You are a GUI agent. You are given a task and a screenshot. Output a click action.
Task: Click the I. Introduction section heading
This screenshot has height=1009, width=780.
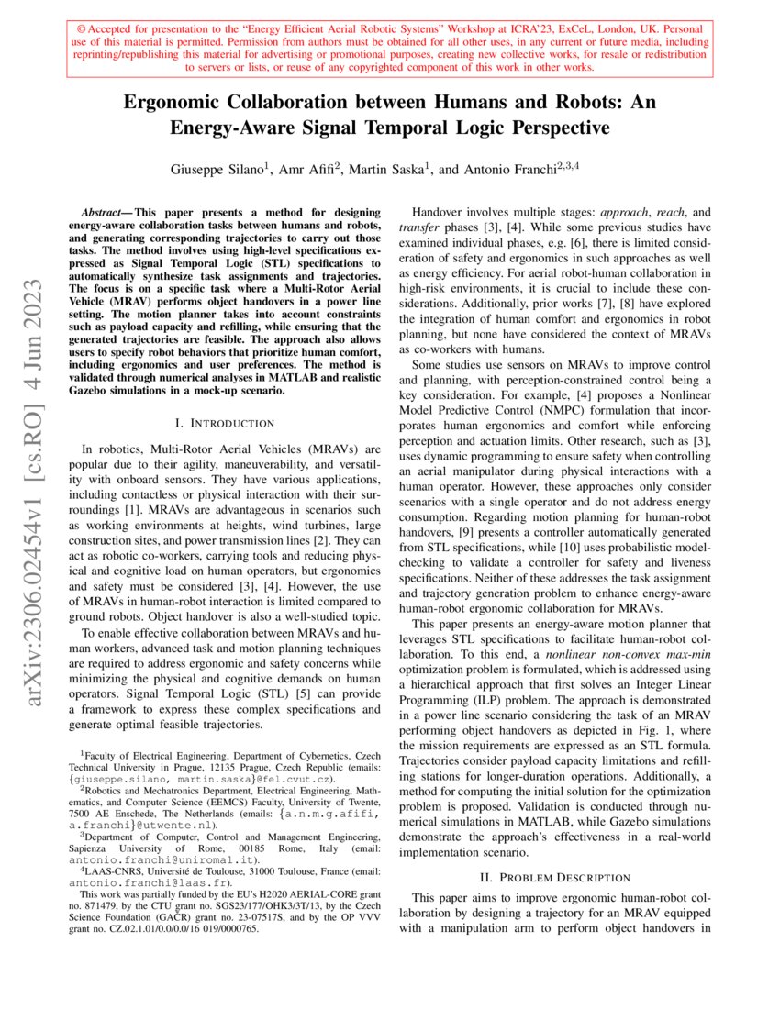click(225, 423)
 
